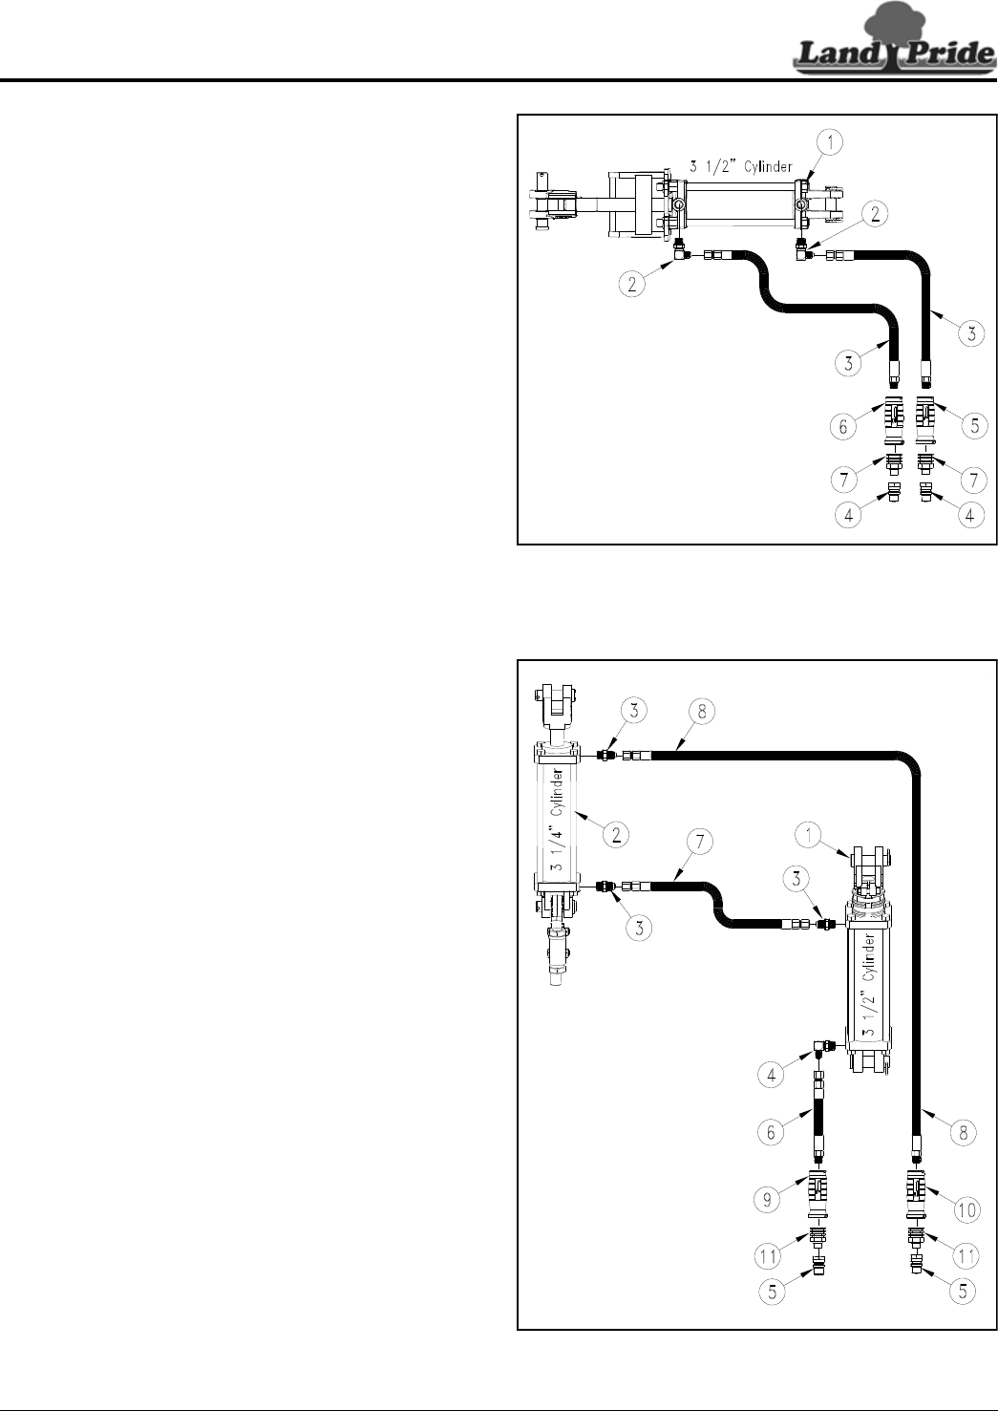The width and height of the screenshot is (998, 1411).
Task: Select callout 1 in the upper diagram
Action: [x=831, y=143]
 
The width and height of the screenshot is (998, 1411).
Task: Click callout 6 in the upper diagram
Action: [x=843, y=427]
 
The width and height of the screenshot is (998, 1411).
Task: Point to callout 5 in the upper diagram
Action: [x=972, y=427]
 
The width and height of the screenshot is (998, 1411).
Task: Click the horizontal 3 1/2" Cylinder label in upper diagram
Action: [x=741, y=167]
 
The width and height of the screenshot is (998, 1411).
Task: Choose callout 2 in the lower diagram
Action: [x=617, y=834]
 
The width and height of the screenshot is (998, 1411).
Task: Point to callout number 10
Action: [x=966, y=1209]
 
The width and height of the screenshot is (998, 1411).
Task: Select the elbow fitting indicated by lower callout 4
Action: [x=820, y=1051]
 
